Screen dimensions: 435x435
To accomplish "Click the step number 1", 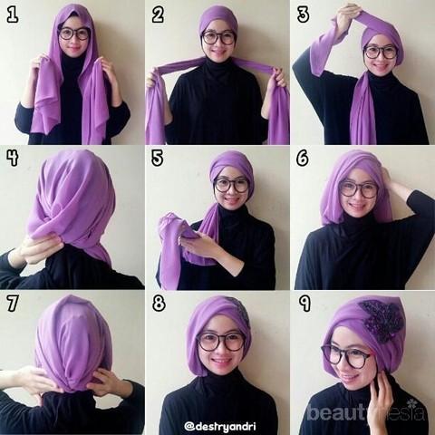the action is [13, 15].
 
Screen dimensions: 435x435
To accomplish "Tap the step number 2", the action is [158, 15].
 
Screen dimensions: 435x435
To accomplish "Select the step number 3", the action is [303, 15].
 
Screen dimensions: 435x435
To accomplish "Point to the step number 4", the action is [13, 159].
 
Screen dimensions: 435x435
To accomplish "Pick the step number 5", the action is [158, 159].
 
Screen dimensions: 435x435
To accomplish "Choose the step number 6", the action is [303, 159].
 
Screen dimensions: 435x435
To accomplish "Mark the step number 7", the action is [13, 304].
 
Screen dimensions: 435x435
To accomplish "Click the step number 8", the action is [159, 304].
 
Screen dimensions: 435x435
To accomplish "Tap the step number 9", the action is [304, 304].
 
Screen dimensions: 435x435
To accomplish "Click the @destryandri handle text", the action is [221, 427].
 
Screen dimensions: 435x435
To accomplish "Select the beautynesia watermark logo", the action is [366, 411].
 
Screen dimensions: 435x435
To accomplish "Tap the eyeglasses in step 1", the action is [74, 34].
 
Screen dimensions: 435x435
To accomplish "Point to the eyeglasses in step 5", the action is [231, 185].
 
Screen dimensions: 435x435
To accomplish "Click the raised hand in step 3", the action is [350, 15].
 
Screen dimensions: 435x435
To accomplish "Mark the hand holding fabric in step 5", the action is [196, 241].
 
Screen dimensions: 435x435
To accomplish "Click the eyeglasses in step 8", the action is [221, 343].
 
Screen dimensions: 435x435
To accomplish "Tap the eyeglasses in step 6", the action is [359, 188].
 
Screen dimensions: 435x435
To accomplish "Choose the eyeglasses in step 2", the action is [218, 38].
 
